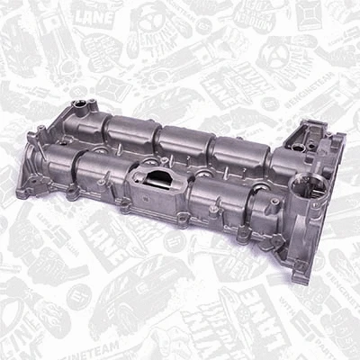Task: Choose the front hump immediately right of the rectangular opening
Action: (x=217, y=191)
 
